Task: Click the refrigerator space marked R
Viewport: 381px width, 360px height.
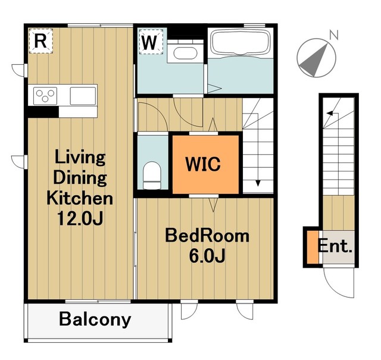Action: [x=40, y=41]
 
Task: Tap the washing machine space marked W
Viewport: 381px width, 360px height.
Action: [x=151, y=42]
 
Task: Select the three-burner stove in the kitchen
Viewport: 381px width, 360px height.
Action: [x=45, y=96]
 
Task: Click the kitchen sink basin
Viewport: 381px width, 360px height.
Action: [x=83, y=96]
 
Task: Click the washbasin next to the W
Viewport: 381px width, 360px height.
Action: [x=185, y=53]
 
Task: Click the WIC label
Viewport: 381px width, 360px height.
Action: [x=203, y=164]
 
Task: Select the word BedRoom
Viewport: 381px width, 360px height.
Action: [x=207, y=236]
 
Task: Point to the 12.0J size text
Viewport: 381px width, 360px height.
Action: [x=80, y=218]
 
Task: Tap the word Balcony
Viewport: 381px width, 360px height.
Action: [x=95, y=319]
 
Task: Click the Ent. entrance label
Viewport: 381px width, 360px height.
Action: [x=335, y=246]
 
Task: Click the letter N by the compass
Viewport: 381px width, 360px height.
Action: [x=334, y=35]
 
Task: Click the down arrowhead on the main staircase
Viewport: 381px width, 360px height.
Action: [x=258, y=183]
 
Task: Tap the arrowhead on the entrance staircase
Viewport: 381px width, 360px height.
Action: [x=330, y=113]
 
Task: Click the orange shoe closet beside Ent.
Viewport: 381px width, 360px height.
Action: [x=313, y=247]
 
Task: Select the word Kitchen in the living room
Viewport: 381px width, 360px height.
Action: [x=80, y=198]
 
